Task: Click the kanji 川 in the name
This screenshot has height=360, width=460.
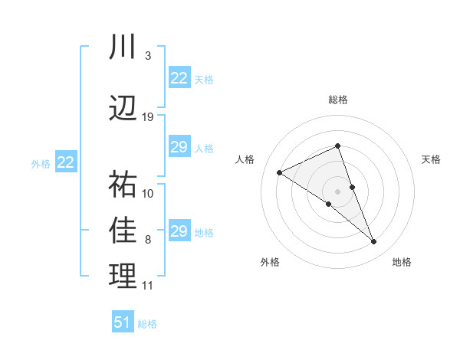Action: tap(123, 48)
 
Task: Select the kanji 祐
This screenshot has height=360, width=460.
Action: tap(123, 185)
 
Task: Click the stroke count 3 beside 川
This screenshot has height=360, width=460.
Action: tap(147, 56)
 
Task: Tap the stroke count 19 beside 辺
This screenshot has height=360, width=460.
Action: tap(148, 117)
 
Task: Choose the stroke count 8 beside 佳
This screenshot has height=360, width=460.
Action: tap(147, 240)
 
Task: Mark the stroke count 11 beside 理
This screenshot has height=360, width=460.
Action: tap(148, 286)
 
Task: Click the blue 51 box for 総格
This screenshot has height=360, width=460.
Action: tap(123, 322)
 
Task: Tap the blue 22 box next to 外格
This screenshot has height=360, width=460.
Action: tap(66, 162)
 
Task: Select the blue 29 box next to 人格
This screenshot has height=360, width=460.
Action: tap(179, 147)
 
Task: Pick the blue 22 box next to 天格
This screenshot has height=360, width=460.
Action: tap(179, 78)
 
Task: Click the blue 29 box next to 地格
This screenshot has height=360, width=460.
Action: tap(179, 231)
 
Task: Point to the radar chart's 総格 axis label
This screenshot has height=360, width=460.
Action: tap(337, 100)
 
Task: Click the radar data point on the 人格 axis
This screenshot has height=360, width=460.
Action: tap(279, 172)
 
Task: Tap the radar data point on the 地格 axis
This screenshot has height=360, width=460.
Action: tap(374, 242)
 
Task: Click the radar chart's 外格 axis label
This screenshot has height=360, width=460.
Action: tap(270, 262)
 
